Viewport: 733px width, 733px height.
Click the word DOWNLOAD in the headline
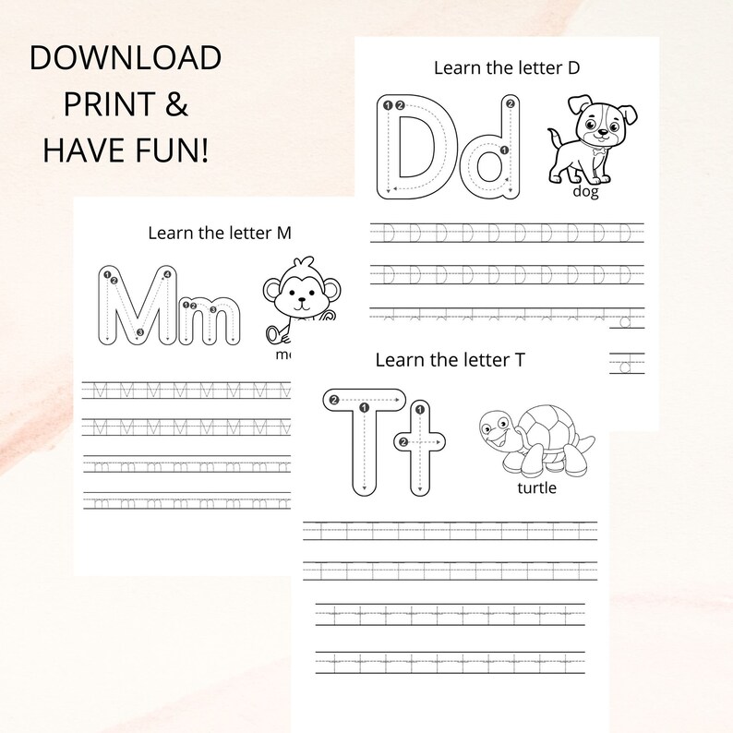[x=126, y=58]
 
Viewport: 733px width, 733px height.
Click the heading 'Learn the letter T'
[x=450, y=359]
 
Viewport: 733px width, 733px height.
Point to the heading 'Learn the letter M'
[x=219, y=233]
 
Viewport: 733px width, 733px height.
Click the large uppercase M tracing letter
[x=138, y=306]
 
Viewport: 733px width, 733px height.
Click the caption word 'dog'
[x=584, y=192]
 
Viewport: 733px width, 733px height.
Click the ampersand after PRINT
[x=174, y=104]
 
